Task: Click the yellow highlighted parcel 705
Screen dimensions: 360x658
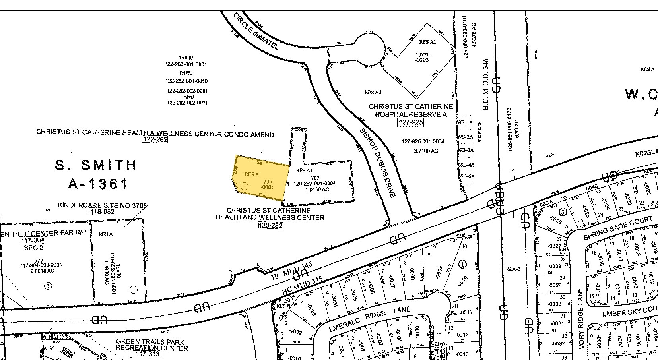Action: click(x=260, y=179)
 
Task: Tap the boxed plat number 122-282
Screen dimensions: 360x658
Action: click(x=155, y=139)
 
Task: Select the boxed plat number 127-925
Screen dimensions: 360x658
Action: click(x=411, y=123)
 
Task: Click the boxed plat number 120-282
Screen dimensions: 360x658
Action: click(x=270, y=225)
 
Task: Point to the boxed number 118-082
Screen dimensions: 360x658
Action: click(x=102, y=212)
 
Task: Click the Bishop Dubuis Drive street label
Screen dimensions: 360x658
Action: click(x=378, y=163)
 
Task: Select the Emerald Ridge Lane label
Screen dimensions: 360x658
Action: click(x=369, y=319)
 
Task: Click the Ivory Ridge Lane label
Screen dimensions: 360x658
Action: click(x=581, y=319)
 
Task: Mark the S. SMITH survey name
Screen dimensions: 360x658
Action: click(x=96, y=165)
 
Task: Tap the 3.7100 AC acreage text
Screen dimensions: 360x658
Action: click(x=426, y=151)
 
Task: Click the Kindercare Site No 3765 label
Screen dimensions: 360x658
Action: click(x=102, y=205)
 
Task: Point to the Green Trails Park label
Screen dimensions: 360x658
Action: click(x=150, y=342)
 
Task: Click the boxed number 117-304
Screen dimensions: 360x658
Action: click(x=33, y=240)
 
